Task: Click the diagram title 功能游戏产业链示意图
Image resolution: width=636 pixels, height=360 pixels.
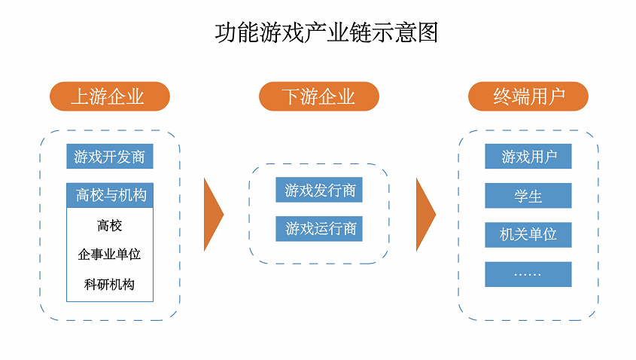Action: point(327,33)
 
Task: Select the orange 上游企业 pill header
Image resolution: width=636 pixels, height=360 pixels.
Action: point(110,96)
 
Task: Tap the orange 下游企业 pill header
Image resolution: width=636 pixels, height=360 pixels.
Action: point(319,96)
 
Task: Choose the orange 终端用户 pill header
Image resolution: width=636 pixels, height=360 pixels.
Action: point(528,96)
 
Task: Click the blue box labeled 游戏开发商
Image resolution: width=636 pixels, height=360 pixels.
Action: point(110,156)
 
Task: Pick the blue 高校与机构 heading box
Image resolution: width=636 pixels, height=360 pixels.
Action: point(110,195)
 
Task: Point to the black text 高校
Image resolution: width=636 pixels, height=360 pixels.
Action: point(110,225)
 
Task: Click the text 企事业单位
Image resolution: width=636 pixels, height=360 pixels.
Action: point(110,255)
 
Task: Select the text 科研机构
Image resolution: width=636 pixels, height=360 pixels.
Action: point(110,284)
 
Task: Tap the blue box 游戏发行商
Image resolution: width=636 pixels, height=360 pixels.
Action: point(319,190)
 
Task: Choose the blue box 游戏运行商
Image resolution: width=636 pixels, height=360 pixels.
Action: point(319,229)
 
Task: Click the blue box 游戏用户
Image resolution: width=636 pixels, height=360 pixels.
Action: point(528,156)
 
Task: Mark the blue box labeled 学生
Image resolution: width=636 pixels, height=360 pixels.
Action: point(528,196)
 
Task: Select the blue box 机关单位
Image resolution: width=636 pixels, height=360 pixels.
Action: point(528,235)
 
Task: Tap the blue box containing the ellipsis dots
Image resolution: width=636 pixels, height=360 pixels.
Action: point(528,274)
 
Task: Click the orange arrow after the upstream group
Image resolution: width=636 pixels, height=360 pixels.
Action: point(213,215)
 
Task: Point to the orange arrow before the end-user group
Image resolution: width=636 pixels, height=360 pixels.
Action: point(425,215)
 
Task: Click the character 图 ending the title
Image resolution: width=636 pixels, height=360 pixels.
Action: point(428,33)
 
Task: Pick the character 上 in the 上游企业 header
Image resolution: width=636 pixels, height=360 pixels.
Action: point(80,96)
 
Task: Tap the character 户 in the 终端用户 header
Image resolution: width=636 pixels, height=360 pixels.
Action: point(556,96)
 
